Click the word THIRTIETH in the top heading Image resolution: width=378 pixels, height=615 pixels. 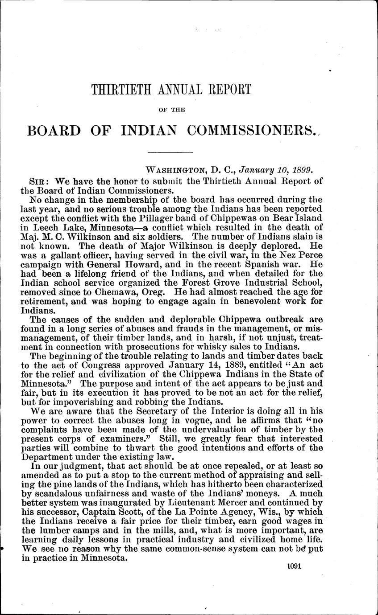(118, 89)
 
